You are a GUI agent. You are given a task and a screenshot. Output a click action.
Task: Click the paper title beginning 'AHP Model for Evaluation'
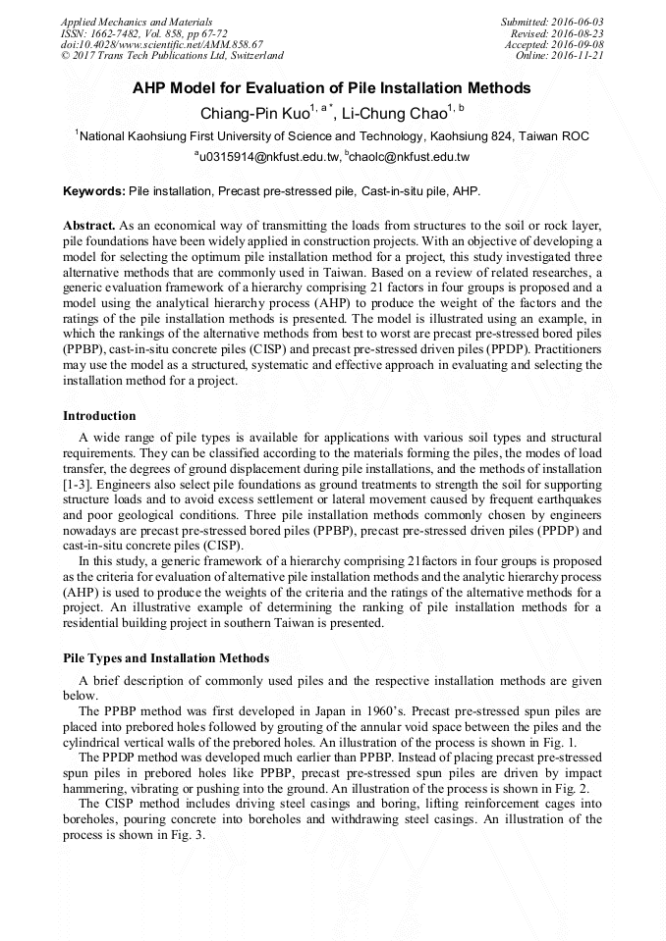click(332, 88)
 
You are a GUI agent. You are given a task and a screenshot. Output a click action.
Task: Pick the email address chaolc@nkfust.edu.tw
click(410, 157)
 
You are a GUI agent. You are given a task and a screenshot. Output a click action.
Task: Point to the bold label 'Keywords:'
click(94, 189)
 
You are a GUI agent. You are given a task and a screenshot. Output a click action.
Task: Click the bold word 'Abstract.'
click(89, 226)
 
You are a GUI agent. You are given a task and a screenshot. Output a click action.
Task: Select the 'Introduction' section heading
click(100, 416)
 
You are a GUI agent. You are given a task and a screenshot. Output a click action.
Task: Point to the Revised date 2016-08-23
click(580, 33)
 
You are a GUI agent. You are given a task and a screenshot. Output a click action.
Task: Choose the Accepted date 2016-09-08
click(577, 45)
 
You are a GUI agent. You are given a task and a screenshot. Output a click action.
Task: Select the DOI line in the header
click(161, 45)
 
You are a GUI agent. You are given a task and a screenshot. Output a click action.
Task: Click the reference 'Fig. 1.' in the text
click(585, 742)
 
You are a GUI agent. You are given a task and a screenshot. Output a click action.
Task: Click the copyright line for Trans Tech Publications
click(172, 57)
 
